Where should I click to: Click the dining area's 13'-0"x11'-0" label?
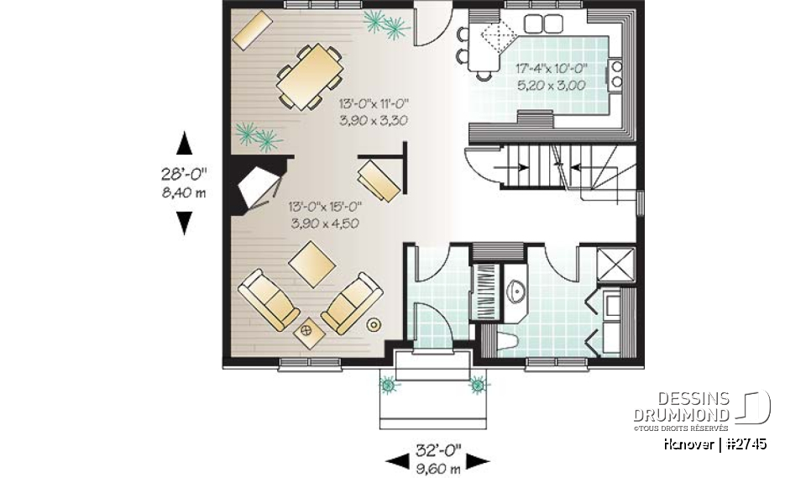373,105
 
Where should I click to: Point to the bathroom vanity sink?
517,292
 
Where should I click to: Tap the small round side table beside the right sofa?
374,323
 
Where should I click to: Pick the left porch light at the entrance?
388,386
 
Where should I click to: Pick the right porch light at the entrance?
478,386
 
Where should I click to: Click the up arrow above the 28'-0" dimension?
184,144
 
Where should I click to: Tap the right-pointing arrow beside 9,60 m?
479,460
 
